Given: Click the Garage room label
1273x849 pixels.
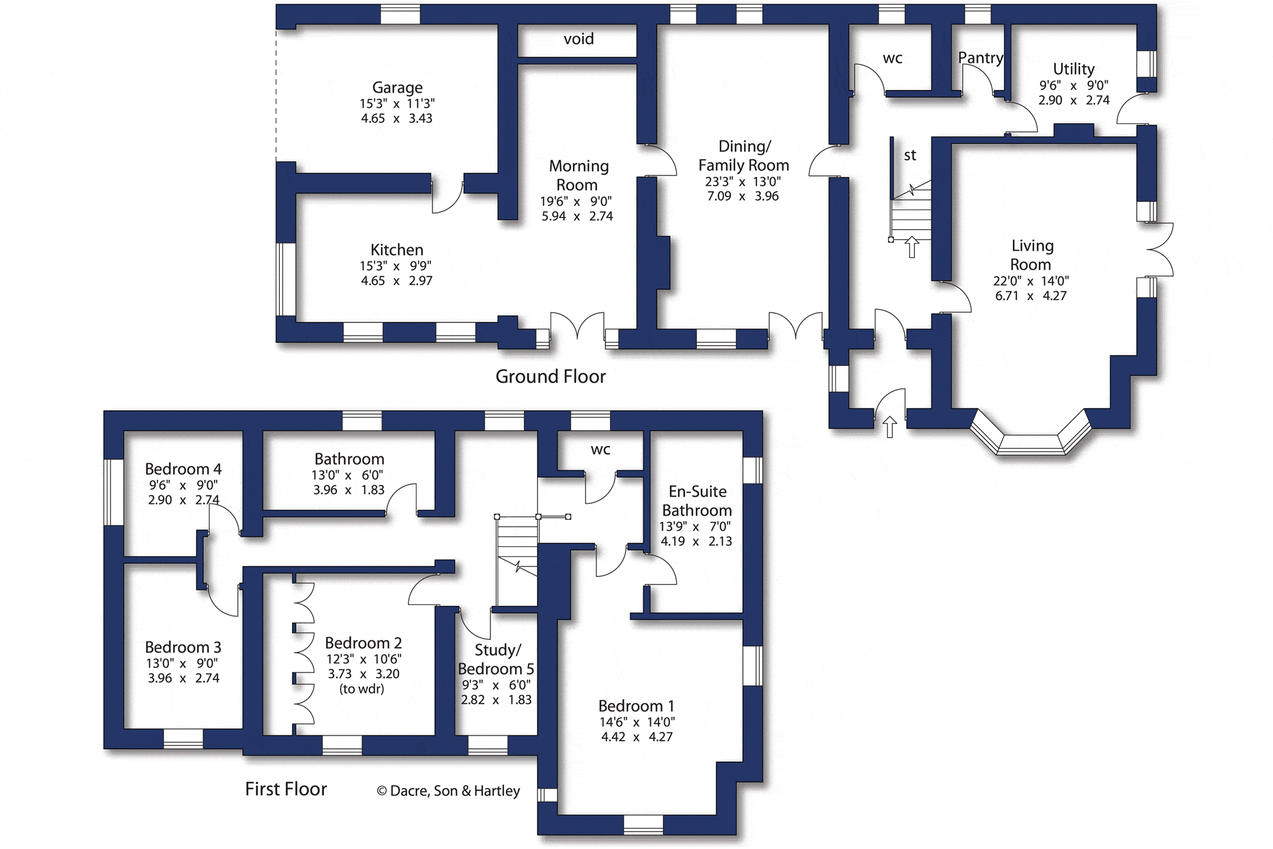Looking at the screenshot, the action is coord(397,88).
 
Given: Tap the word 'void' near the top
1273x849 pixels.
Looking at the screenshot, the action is coord(578,39).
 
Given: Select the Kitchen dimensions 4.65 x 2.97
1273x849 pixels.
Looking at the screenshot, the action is coord(396,280).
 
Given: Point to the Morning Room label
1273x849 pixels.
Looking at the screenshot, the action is coord(578,175).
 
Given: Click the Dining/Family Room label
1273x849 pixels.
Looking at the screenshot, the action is coord(744,156).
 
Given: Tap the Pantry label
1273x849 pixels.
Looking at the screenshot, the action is coord(980,58).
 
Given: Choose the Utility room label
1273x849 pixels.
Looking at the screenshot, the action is coord(1074,69).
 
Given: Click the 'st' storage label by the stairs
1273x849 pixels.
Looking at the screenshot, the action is coord(910,156).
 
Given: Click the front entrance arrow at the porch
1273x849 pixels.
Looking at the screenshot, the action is coord(890,427).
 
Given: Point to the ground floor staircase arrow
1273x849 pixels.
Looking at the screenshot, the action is coord(912,247).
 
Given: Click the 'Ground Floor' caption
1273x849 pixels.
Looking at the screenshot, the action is coord(550,376).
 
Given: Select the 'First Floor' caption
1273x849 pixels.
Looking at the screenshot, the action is coord(286,789).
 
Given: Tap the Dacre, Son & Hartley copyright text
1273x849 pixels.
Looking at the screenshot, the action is coord(448,791).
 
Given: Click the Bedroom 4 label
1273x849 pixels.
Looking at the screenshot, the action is coord(183,469).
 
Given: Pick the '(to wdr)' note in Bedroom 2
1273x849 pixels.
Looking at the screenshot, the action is coord(362,689).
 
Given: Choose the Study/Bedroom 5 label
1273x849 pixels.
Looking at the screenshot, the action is coord(496,659).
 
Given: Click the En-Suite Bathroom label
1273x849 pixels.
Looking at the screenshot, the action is coord(697,501).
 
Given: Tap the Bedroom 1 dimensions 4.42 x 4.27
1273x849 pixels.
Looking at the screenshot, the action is coord(636,737).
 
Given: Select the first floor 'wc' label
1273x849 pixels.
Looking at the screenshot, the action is coord(600,450).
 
